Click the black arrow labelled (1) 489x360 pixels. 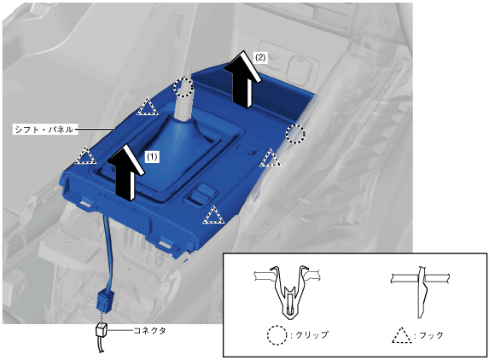coord(125,173)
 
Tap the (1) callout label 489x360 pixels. coord(152,157)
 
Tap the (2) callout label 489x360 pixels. coord(260,58)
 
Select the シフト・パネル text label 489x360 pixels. coord(44,130)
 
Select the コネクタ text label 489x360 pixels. coord(149,331)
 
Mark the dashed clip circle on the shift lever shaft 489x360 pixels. coord(183,87)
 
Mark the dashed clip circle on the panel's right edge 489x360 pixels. coord(295,134)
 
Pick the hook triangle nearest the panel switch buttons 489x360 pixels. coord(213,215)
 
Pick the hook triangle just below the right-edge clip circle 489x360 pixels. coord(270,158)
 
